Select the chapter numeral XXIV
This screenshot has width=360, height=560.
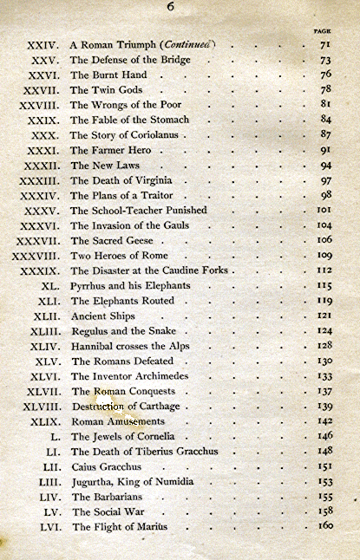point(42,45)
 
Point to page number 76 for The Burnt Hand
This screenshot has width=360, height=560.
point(326,75)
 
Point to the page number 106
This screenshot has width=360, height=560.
point(325,239)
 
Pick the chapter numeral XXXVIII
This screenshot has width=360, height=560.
point(35,256)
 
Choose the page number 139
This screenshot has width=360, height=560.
point(325,406)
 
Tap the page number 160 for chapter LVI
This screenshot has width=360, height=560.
point(325,526)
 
